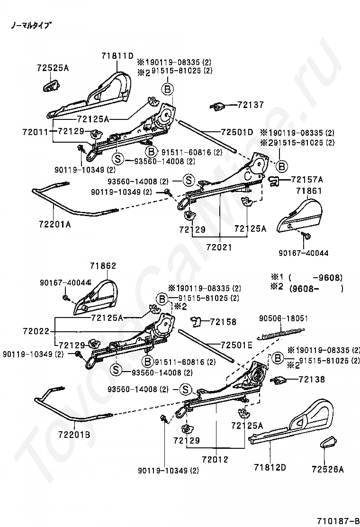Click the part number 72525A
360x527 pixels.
[x=53, y=68]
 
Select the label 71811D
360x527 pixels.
[x=117, y=56]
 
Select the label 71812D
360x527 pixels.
[x=270, y=468]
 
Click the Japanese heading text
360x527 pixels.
[x=31, y=25]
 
